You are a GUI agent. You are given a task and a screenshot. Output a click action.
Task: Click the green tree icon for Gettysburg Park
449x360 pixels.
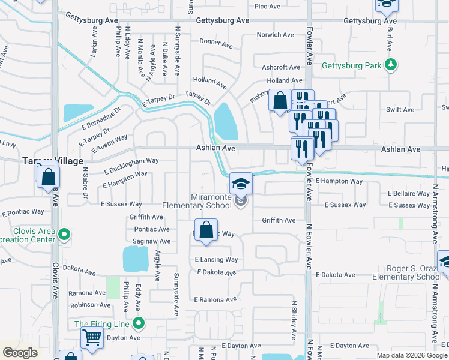pos(391,65)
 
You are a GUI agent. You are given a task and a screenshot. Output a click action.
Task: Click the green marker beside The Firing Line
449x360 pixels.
pos(139,325)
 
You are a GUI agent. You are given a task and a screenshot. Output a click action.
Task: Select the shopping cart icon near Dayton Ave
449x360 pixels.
pos(91,337)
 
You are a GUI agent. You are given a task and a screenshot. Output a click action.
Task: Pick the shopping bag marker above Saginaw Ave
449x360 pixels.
pos(206,230)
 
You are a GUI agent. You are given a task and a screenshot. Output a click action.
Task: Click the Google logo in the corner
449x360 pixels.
pos(20,353)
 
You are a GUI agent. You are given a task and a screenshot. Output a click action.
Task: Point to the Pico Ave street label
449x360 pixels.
pos(267,7)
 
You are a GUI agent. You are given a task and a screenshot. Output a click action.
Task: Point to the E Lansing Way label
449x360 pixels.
pos(216,260)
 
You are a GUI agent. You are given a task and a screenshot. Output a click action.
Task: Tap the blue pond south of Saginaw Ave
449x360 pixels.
pos(136,259)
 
